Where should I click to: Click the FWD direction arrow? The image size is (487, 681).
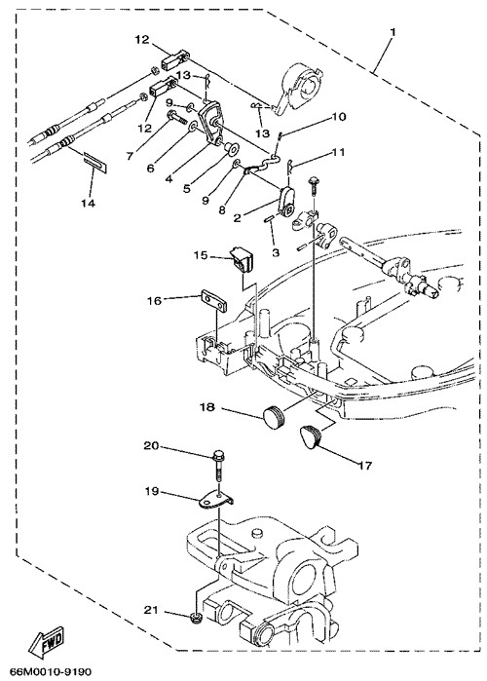click(x=46, y=641)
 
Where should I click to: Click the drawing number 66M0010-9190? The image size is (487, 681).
click(x=49, y=671)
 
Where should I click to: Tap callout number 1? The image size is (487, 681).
click(x=393, y=32)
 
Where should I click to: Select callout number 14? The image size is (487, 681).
click(x=88, y=203)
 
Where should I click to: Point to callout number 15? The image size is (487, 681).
click(x=201, y=255)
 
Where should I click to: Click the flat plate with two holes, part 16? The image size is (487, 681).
click(x=213, y=301)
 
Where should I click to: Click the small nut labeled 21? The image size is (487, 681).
click(x=196, y=617)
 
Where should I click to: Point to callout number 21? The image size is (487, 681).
click(x=151, y=610)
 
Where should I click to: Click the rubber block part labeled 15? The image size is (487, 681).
click(x=243, y=260)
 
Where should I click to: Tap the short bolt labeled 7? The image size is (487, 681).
click(x=176, y=116)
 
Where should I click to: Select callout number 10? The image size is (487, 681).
click(x=339, y=116)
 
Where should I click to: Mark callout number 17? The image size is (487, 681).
click(x=365, y=466)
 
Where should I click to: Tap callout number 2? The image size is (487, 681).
click(x=237, y=218)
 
